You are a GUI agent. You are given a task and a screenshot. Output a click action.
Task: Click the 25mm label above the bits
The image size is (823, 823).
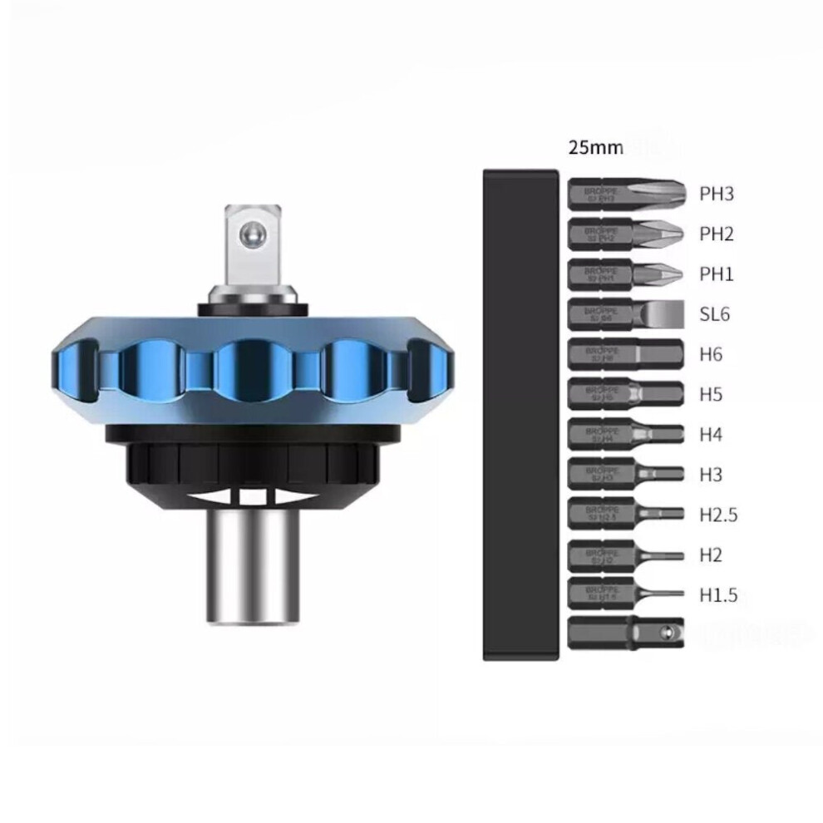click(595, 149)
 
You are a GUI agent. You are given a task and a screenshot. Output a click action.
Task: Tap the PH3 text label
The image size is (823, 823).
click(716, 195)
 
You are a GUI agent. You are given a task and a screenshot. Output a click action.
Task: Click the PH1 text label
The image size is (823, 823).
click(716, 274)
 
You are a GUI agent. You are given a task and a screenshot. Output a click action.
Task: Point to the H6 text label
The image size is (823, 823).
click(711, 355)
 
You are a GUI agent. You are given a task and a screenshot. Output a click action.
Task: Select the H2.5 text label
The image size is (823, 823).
click(718, 515)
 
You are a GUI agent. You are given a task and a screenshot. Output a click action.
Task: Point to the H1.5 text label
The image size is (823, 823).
click(718, 594)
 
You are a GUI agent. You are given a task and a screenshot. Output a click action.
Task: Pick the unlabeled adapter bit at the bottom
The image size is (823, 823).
click(625, 633)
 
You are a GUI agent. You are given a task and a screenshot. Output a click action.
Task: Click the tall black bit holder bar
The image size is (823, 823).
click(520, 414)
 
